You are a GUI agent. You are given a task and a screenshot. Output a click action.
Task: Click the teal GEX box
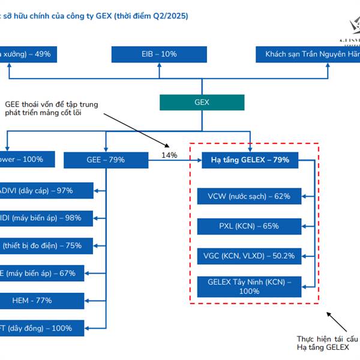[202, 102]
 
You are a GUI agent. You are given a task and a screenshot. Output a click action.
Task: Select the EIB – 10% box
[160, 54]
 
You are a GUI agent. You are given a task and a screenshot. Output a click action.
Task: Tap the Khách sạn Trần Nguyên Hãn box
[308, 54]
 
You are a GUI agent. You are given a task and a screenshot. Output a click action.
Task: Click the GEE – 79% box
[105, 160]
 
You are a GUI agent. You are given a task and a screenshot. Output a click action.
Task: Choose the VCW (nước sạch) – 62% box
[248, 196]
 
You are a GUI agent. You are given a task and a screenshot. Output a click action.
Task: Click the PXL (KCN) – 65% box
[248, 226]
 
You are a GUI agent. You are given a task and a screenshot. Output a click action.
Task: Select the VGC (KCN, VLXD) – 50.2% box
[248, 256]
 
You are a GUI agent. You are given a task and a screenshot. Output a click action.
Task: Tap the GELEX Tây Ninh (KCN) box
[248, 286]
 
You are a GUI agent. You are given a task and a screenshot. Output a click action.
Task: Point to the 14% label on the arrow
[170, 155]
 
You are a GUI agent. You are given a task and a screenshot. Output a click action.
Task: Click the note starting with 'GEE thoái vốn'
[51, 109]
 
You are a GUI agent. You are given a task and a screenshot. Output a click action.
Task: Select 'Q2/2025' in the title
[169, 16]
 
